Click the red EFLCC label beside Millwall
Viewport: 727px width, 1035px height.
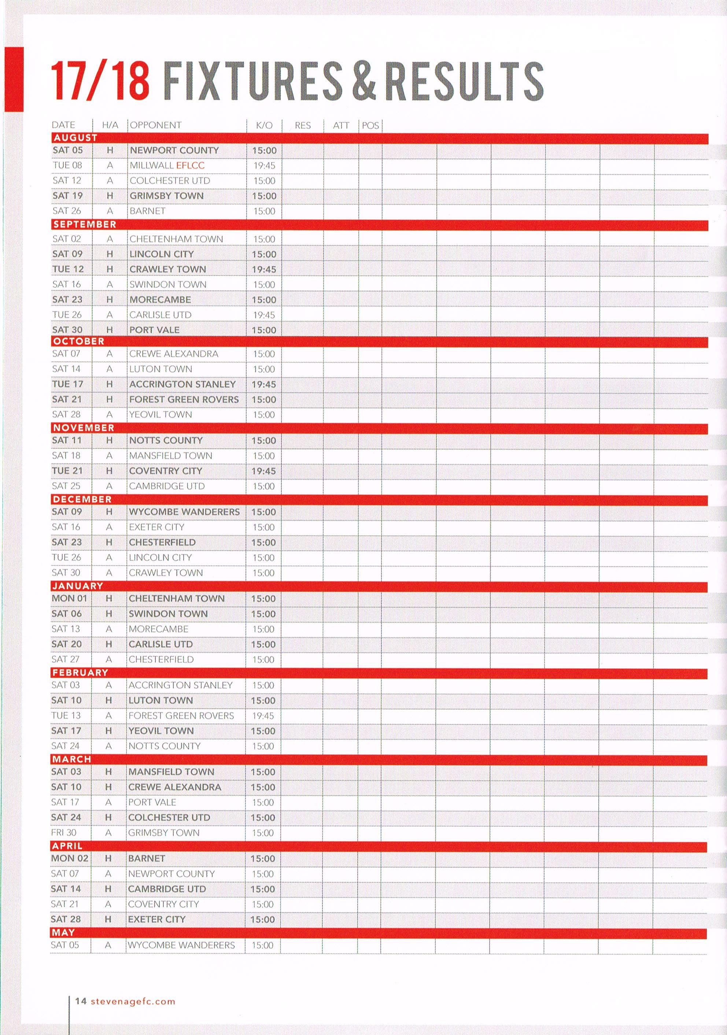pos(190,166)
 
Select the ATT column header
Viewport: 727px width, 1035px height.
pos(341,125)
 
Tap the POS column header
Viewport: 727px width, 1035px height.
pos(370,125)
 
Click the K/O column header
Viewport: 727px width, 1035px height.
pos(264,125)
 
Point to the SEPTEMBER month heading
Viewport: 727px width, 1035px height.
pos(84,225)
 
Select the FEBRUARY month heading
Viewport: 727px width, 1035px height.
pos(80,673)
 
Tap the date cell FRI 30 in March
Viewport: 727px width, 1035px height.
pos(64,833)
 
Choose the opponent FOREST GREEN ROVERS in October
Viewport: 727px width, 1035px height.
pos(184,399)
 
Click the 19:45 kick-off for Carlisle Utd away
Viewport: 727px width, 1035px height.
pos(264,315)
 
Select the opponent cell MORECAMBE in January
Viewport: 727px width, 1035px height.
pos(158,629)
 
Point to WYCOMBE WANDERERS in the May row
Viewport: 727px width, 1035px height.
pos(181,945)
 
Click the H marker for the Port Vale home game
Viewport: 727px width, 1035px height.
pos(109,330)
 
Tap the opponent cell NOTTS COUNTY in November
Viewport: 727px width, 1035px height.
pos(166,440)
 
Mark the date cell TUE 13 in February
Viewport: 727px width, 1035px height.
pos(66,716)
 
